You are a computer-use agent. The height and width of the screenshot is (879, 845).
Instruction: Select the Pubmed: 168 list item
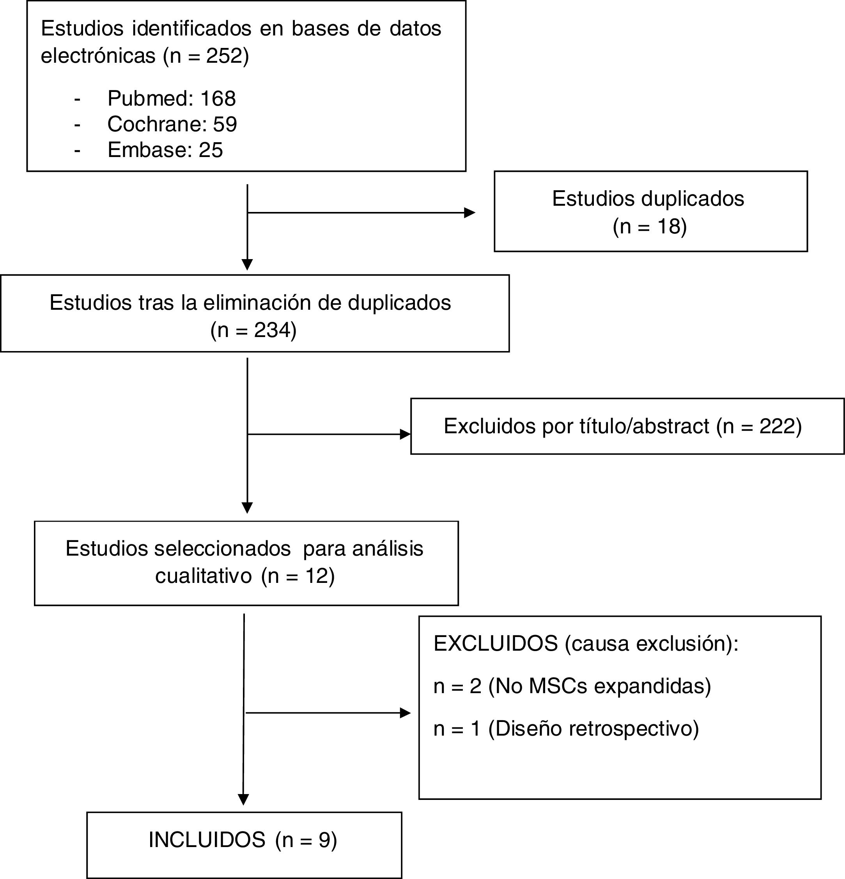(x=172, y=99)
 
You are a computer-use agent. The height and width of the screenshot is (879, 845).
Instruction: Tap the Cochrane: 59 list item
(x=172, y=124)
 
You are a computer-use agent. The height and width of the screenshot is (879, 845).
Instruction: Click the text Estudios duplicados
(x=648, y=199)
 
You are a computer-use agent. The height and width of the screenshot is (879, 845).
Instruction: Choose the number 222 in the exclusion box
(x=777, y=426)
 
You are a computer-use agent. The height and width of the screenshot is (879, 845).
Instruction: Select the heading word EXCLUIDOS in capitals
(x=496, y=644)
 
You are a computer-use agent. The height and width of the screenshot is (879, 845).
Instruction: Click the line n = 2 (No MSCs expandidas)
(x=572, y=686)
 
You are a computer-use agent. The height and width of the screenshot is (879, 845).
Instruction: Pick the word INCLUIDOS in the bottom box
(x=207, y=840)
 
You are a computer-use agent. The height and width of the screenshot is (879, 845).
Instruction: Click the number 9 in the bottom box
(x=324, y=840)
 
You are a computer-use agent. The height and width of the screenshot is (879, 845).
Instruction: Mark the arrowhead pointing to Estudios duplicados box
(x=469, y=213)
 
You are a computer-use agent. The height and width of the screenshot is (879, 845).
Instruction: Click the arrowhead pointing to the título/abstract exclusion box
(x=405, y=434)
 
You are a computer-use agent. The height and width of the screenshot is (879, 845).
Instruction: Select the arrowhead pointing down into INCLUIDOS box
(x=243, y=800)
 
